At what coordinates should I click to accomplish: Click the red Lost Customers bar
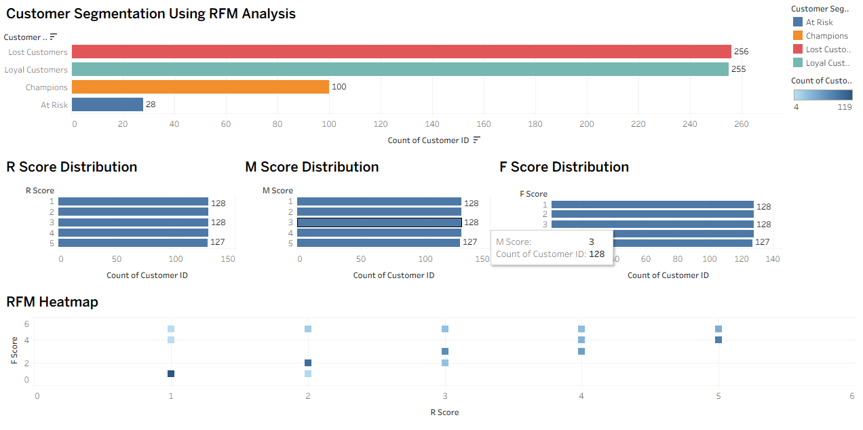401,52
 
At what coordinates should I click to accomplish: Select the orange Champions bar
200,87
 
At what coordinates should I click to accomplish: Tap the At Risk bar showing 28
107,104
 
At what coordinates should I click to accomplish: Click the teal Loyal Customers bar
400,69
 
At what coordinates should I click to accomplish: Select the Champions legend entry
826,36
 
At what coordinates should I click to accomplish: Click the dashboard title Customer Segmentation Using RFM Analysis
151,14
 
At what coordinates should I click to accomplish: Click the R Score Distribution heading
72,167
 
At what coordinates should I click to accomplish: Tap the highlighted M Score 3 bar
379,222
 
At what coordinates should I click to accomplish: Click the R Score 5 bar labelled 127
133,243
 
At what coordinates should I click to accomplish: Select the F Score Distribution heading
564,167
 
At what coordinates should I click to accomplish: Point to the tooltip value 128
596,254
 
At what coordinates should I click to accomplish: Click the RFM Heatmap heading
52,302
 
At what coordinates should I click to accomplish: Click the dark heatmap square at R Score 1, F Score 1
171,374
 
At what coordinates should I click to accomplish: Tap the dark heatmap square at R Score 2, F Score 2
308,363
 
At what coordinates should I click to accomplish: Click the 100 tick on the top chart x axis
330,124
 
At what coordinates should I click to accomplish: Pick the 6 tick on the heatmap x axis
851,396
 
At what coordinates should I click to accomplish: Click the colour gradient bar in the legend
823,95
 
